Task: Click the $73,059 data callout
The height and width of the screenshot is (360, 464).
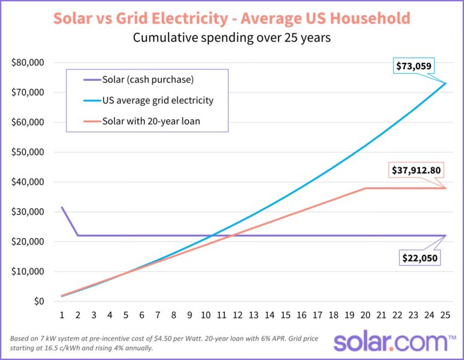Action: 415,65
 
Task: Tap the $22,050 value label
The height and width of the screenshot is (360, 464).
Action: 419,258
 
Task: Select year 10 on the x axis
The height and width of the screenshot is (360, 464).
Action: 205,315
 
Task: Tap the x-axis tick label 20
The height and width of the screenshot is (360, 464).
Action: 365,315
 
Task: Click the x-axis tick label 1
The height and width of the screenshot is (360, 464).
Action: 62,315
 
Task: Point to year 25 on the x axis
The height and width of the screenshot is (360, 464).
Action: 445,315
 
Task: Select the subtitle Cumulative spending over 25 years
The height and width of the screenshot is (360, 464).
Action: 232,38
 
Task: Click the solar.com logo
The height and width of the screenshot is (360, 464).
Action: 390,341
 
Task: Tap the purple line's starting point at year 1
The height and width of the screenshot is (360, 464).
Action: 62,208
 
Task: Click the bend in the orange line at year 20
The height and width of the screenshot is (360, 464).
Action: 366,188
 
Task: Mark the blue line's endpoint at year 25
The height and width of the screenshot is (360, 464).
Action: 445,83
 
